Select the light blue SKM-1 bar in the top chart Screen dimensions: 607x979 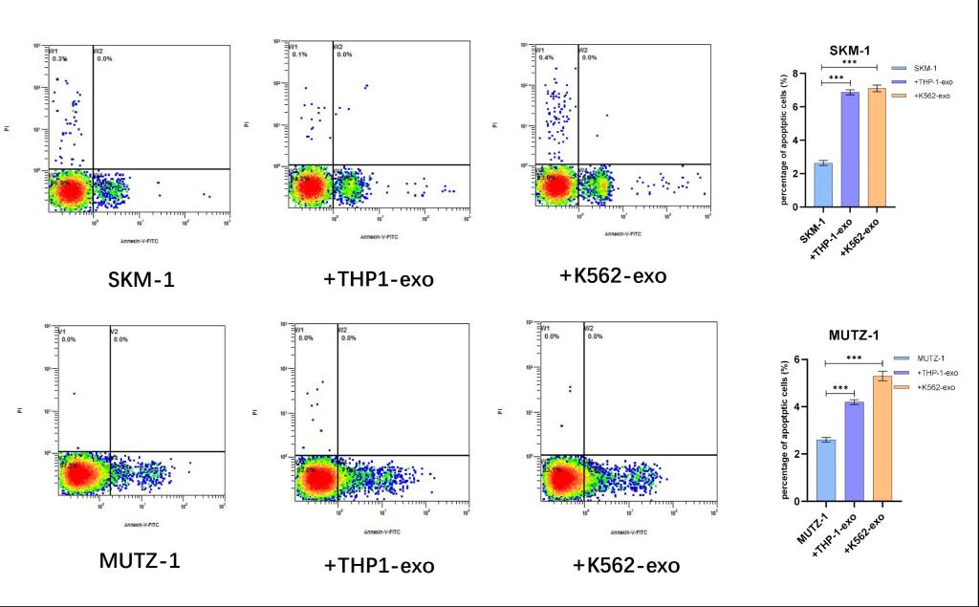coord(822,184)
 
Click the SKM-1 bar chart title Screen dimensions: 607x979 coord(849,51)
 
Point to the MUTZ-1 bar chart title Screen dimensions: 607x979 coord(850,336)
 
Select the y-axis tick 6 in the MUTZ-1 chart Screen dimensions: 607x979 coord(797,360)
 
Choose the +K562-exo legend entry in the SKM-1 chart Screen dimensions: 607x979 coord(931,97)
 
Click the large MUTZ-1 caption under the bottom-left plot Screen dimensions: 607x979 coord(140,559)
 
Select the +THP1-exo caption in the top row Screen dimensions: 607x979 coord(379,279)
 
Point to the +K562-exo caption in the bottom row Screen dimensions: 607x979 coord(626,565)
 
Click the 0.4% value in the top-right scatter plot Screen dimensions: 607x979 coord(547,58)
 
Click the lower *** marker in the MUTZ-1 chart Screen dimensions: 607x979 coord(839,388)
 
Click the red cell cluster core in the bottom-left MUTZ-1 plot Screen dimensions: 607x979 coord(79,474)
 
